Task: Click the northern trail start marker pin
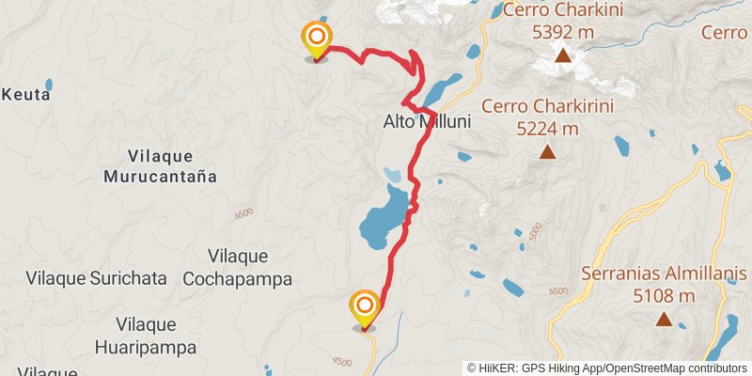(317, 39)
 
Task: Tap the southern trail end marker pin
(364, 307)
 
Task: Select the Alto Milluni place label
(427, 122)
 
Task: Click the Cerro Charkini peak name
(563, 11)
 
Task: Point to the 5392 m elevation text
(563, 32)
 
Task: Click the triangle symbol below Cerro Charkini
(563, 56)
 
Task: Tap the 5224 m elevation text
(548, 128)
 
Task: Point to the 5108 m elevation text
(664, 296)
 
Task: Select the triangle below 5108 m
(664, 320)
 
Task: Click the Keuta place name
(26, 94)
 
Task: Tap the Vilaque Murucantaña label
(160, 165)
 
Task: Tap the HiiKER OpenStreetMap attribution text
(608, 368)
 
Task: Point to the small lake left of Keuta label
(49, 84)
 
